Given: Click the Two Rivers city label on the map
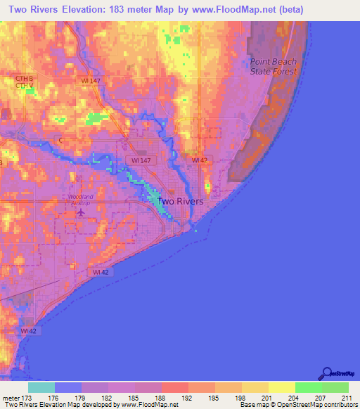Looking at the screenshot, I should pyautogui.click(x=180, y=201).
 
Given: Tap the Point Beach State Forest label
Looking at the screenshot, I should pyautogui.click(x=274, y=66).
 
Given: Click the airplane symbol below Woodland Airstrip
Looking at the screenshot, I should pyautogui.click(x=80, y=211).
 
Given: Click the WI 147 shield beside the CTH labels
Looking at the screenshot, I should pyautogui.click(x=90, y=82).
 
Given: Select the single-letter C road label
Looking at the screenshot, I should pyautogui.click(x=60, y=141).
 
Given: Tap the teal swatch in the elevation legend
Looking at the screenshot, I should pyautogui.click(x=41, y=387).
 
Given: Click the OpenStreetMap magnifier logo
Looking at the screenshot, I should pyautogui.click(x=326, y=373).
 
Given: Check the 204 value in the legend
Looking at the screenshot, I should pyautogui.click(x=295, y=397).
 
